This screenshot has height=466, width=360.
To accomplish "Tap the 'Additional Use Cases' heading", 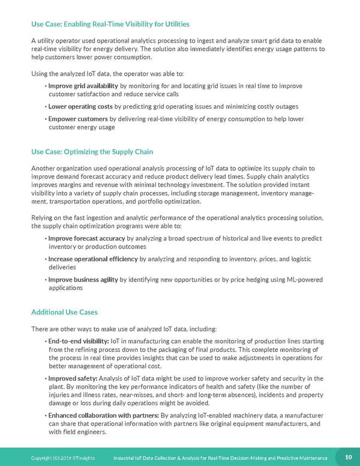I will [64, 312].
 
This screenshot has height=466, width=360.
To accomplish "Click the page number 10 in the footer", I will [347, 457].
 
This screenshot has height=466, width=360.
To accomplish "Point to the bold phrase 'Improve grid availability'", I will [83, 86].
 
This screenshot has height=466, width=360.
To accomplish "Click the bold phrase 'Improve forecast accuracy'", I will [86, 238].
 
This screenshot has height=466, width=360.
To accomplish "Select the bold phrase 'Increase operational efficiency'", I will [93, 259].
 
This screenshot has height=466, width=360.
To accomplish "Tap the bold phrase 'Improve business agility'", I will [83, 279].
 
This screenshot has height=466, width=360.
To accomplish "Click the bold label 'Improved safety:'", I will [71, 378].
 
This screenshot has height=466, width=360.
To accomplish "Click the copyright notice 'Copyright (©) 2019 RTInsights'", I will [67, 458].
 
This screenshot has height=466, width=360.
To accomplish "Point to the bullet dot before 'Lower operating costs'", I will [46, 107].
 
